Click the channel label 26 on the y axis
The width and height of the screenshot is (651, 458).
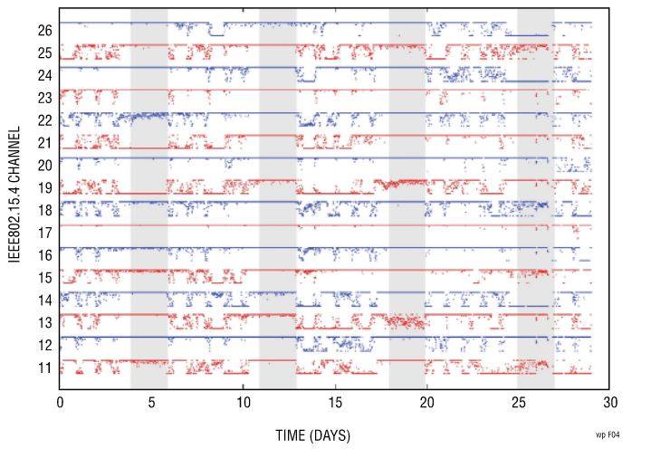click(44, 30)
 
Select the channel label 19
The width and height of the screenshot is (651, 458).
click(44, 187)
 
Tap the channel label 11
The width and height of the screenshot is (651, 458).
click(44, 367)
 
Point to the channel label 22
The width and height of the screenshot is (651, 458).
click(44, 120)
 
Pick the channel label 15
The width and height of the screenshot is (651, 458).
click(44, 278)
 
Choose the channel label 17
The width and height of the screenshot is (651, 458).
click(44, 233)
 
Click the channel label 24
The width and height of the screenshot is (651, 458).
click(44, 75)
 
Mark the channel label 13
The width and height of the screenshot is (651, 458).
click(44, 322)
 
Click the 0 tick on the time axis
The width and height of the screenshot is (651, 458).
click(60, 403)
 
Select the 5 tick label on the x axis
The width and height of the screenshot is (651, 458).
click(151, 403)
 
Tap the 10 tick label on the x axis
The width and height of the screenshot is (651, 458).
click(243, 403)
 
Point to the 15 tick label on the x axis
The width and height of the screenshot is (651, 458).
click(335, 403)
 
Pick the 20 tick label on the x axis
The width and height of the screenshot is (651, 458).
click(426, 403)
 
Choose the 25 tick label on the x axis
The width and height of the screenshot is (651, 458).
click(518, 403)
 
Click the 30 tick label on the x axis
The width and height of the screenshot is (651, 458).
click(609, 403)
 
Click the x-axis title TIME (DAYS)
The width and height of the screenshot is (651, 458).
click(312, 436)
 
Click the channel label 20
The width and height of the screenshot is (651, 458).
click(44, 165)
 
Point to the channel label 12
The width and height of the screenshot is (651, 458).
click(44, 345)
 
